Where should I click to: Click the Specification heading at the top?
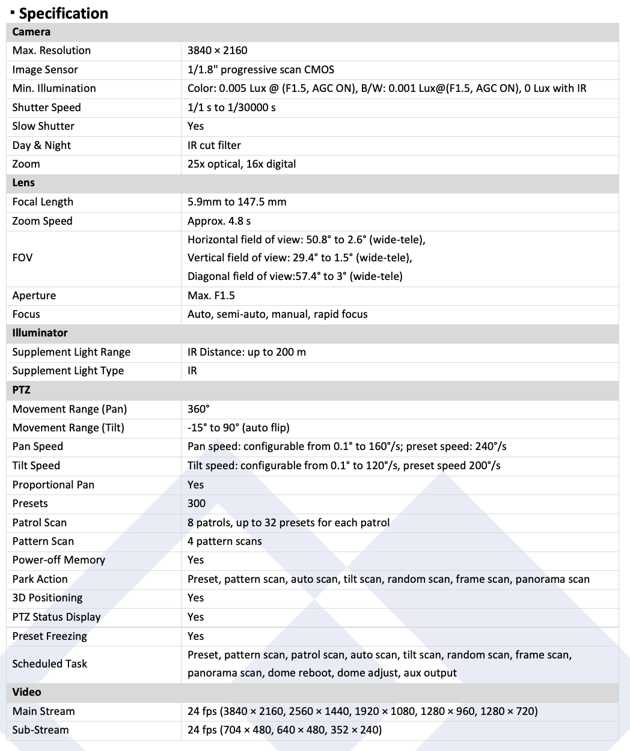(63, 13)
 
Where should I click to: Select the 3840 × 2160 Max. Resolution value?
(217, 50)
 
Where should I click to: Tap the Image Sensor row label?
(45, 70)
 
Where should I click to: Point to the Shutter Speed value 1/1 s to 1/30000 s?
(231, 108)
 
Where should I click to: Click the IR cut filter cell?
(214, 145)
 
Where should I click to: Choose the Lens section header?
(23, 183)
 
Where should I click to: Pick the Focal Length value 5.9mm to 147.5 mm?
(237, 202)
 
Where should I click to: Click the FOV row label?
(23, 258)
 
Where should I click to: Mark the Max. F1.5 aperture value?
(211, 296)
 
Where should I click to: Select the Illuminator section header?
(40, 333)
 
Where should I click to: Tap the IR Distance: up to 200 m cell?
(246, 352)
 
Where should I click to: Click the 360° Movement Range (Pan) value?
(198, 409)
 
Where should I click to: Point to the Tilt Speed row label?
(36, 466)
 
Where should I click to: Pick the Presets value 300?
(197, 503)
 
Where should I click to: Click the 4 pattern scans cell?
(224, 541)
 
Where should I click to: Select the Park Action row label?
(40, 579)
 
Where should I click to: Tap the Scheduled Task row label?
(50, 664)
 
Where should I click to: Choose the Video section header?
(26, 692)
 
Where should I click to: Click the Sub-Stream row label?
(40, 730)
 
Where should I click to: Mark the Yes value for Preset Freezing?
(195, 636)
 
